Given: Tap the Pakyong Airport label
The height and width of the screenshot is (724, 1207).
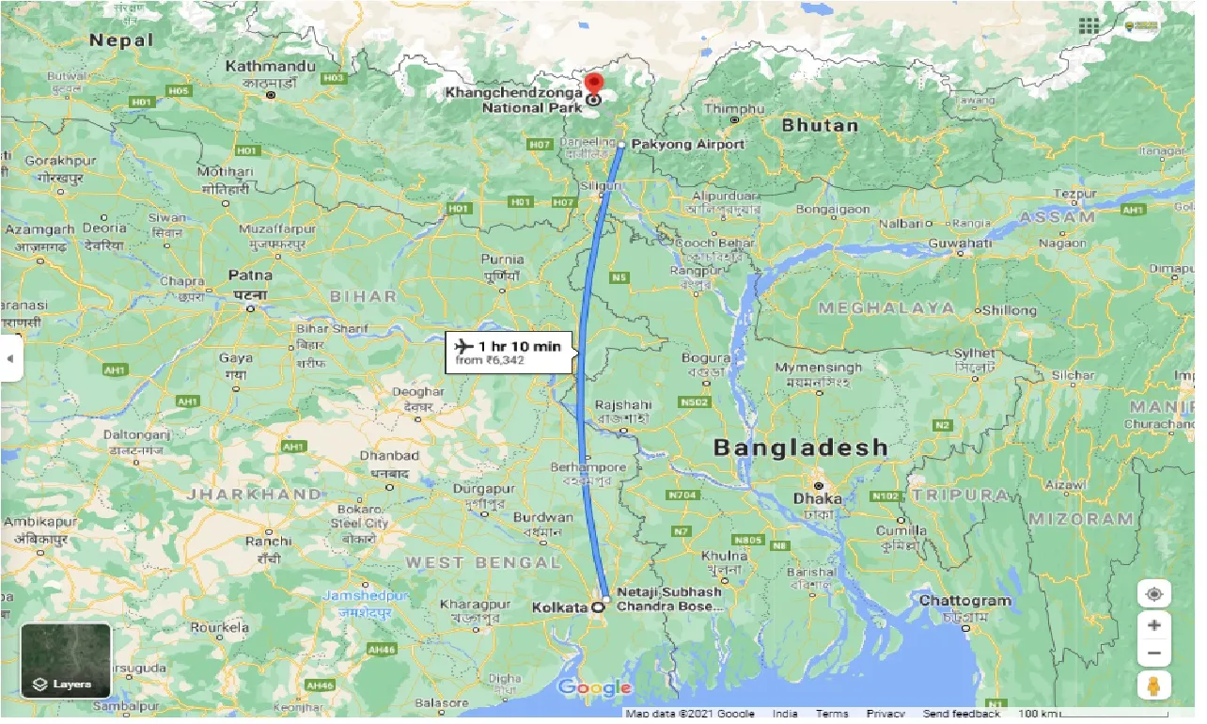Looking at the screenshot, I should pyautogui.click(x=688, y=144).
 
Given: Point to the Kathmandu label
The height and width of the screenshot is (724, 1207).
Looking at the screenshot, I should pyautogui.click(x=271, y=67).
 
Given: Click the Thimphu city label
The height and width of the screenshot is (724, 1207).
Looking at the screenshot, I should pyautogui.click(x=735, y=109).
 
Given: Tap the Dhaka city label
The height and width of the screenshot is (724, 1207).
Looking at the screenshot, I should pyautogui.click(x=817, y=498).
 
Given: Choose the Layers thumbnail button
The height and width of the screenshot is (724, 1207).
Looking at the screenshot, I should pyautogui.click(x=66, y=662).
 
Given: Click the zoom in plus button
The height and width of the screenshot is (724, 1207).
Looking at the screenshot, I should pyautogui.click(x=1153, y=625).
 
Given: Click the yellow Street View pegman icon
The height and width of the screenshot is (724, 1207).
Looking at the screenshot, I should pyautogui.click(x=1153, y=686).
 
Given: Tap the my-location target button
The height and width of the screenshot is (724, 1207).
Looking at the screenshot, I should pyautogui.click(x=1153, y=594).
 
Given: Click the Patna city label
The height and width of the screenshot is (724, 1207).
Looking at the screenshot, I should pyautogui.click(x=249, y=275).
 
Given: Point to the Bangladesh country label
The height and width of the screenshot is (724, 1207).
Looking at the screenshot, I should pyautogui.click(x=800, y=448).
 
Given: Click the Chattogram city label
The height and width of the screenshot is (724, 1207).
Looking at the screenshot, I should pyautogui.click(x=965, y=600).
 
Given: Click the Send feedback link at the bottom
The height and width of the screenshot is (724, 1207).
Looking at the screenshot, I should pyautogui.click(x=963, y=714).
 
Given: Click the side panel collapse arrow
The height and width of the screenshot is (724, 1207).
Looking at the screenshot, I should pyautogui.click(x=10, y=358).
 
